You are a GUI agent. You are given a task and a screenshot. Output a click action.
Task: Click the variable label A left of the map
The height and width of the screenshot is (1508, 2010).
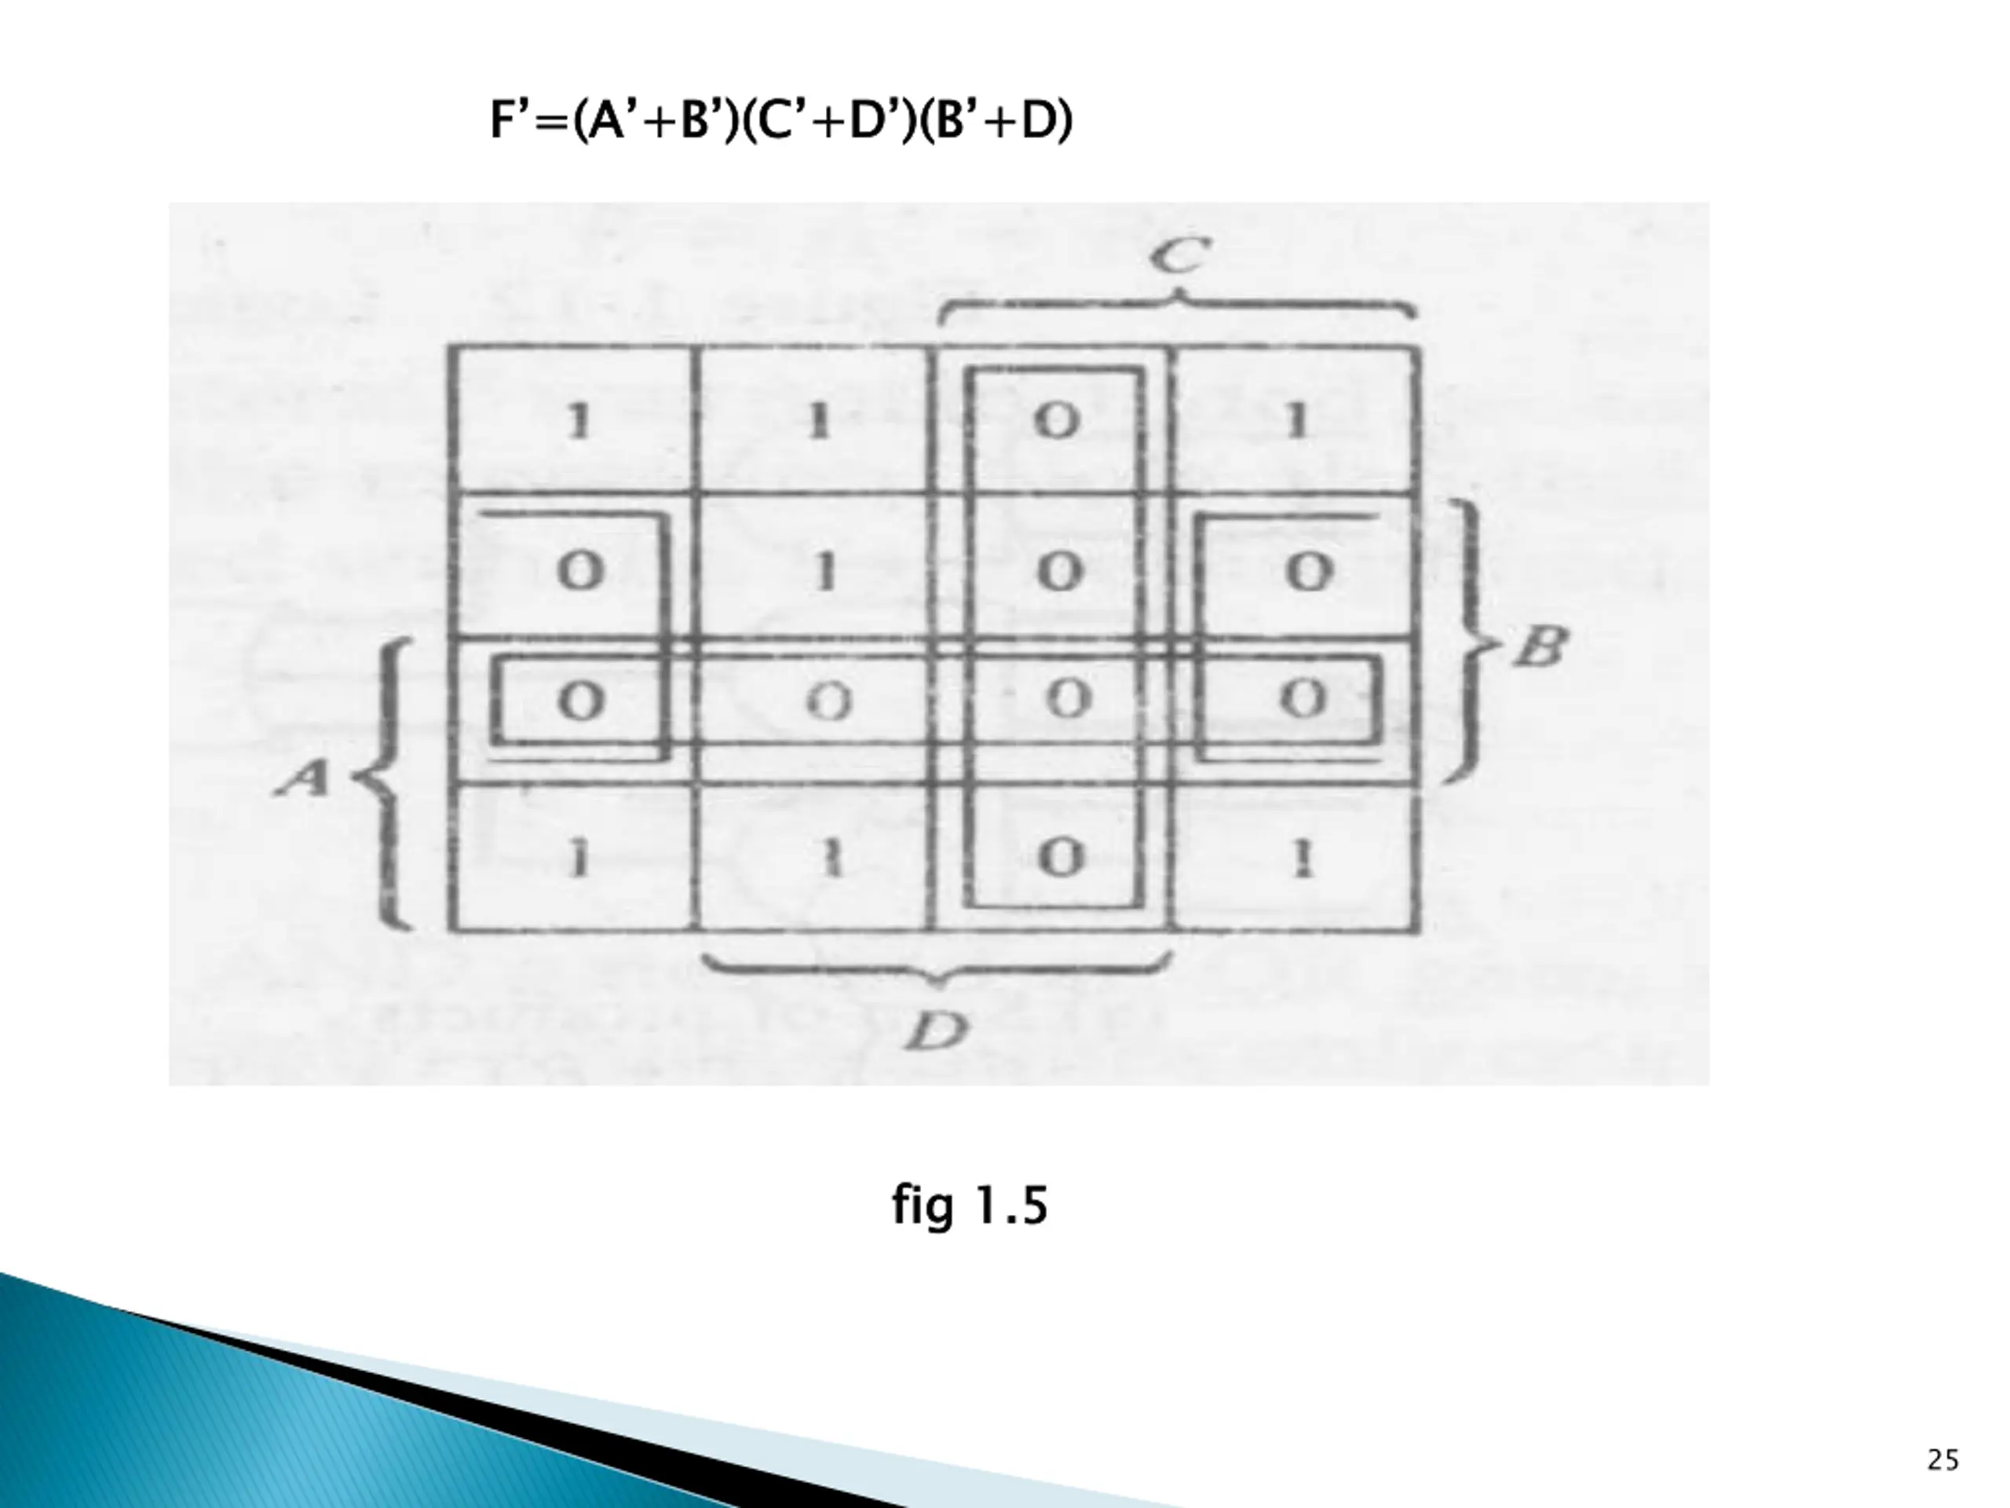[x=304, y=778]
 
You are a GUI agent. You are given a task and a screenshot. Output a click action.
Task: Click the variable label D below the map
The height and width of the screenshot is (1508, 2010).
[x=937, y=1030]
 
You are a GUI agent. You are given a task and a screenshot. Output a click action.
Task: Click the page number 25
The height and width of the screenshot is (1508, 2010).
[x=1942, y=1460]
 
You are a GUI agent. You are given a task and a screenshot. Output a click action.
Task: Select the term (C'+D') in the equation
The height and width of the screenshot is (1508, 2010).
[x=828, y=120]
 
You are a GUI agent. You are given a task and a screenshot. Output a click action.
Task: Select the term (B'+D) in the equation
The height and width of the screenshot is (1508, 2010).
[x=996, y=120]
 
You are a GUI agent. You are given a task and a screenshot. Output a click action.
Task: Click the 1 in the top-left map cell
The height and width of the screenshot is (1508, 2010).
[x=578, y=421]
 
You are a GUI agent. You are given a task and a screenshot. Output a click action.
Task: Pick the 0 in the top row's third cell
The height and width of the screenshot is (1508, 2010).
[x=1057, y=421]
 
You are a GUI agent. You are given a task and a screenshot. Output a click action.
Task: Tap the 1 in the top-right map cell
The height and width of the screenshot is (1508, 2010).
[x=1298, y=421]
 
